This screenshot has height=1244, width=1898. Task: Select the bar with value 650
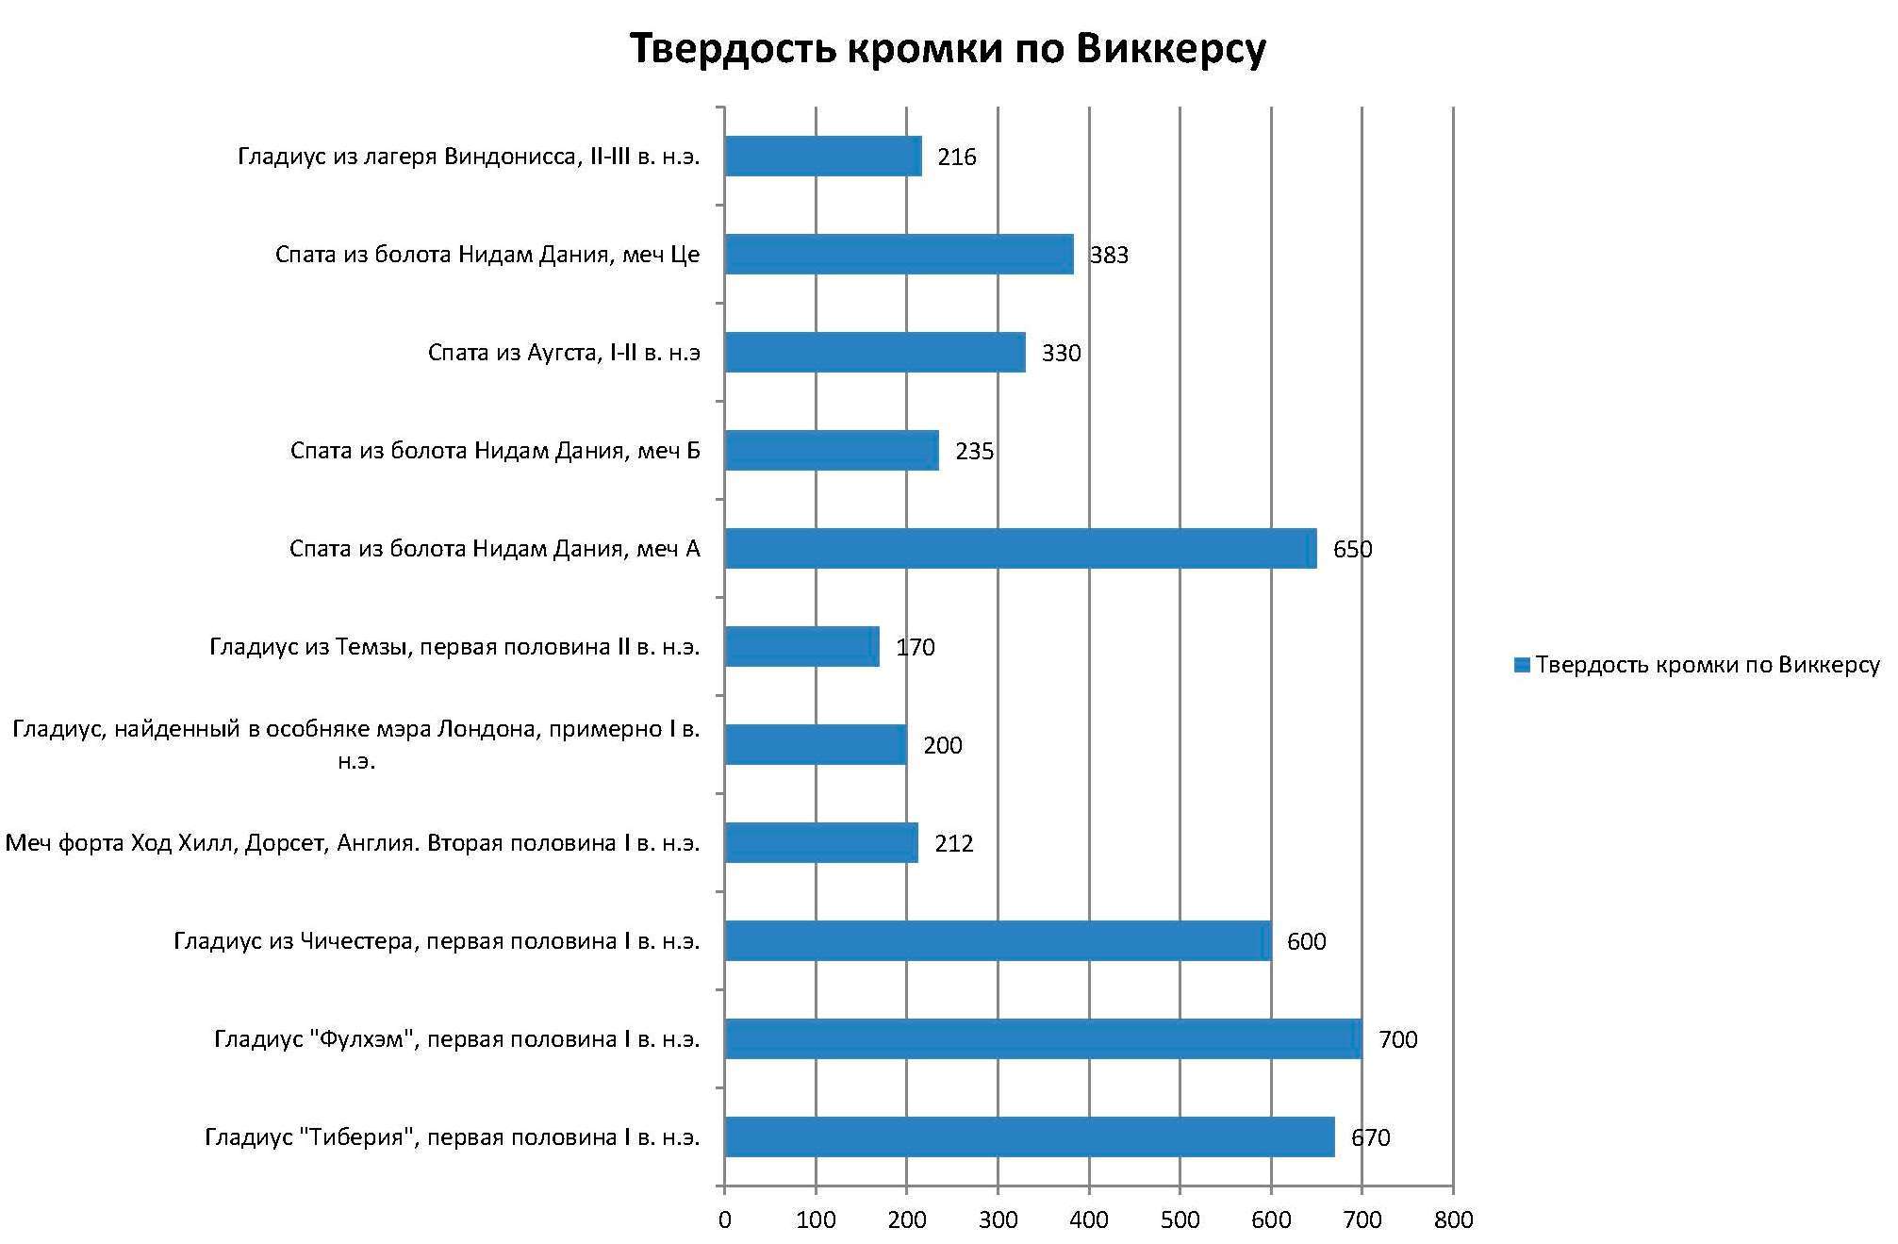click(1020, 549)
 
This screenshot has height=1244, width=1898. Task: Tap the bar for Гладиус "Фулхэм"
click(1043, 1039)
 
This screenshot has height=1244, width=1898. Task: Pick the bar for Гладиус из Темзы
click(801, 647)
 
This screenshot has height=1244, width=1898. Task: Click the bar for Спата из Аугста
click(875, 353)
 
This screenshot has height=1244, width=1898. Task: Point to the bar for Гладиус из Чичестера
click(998, 941)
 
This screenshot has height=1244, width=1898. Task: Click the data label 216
click(956, 157)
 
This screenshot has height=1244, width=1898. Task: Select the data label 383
click(1109, 255)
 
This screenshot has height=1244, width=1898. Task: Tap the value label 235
click(974, 451)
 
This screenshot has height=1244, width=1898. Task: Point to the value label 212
click(953, 843)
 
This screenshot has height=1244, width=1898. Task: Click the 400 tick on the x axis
click(1089, 1219)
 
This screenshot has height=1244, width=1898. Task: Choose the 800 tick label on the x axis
click(1453, 1219)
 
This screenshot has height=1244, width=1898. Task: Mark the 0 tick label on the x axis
click(724, 1219)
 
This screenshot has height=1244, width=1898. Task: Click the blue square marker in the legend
click(1521, 665)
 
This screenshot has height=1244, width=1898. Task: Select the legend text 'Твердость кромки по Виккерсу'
click(1707, 665)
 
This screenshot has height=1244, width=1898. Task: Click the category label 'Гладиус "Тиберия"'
click(453, 1137)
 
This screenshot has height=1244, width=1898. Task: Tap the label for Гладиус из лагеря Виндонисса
click(469, 157)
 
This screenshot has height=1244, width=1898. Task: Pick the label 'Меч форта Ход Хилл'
click(353, 843)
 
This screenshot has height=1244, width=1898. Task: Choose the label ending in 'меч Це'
click(487, 255)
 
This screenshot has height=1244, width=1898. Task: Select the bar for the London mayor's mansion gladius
click(816, 745)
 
